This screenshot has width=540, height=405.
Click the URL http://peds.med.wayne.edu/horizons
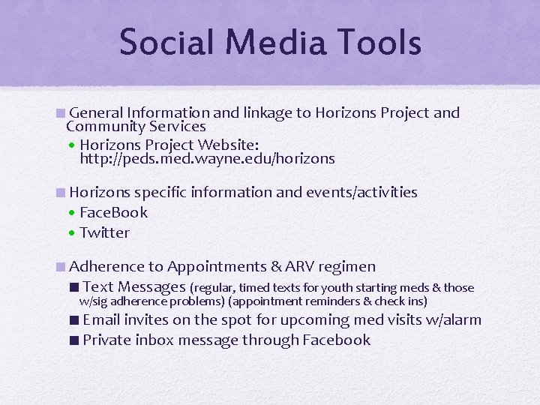pos(207,159)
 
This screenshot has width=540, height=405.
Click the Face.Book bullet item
pos(113,212)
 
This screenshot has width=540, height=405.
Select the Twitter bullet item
pos(104,232)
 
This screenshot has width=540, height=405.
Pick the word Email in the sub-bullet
pos(102,320)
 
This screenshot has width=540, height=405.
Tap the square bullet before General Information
pos(60,113)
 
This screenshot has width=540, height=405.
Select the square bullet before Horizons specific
pos(60,192)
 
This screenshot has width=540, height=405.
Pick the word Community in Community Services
pos(100,127)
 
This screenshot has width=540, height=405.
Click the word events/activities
pos(361,192)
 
